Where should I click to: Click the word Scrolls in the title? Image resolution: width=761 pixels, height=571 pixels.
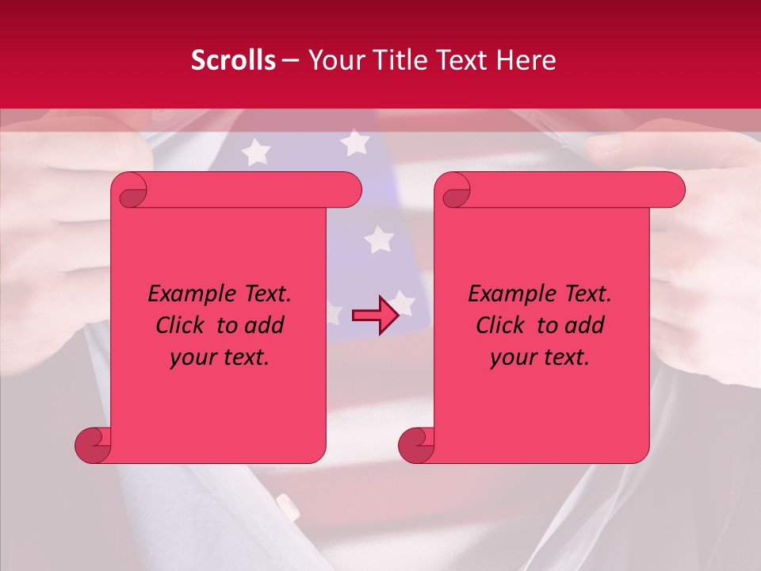coord(234,60)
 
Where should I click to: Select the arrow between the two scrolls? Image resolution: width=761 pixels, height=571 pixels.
coord(375,315)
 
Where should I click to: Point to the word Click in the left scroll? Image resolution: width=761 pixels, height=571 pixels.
coord(182,326)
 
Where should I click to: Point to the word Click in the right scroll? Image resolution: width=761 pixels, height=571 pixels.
coord(503,326)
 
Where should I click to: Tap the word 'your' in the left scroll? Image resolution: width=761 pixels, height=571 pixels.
coord(193,358)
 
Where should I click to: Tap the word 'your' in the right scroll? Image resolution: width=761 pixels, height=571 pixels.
coord(513,358)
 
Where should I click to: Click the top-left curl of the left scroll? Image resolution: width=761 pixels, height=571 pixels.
coord(129,190)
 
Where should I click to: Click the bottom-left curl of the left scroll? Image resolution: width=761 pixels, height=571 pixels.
coord(94,445)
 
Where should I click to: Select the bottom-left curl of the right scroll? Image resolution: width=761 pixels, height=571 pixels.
coord(417,445)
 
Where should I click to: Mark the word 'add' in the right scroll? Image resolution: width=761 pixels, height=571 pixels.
coord(583,326)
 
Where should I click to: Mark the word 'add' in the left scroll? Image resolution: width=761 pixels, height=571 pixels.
coord(262,326)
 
